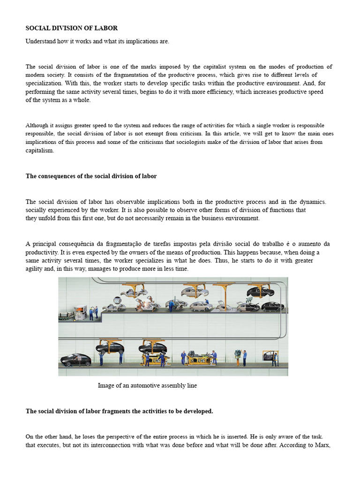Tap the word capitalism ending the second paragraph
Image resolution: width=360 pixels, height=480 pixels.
pyautogui.click(x=40, y=150)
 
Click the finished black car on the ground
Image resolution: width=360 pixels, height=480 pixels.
pyautogui.click(x=75, y=360)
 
